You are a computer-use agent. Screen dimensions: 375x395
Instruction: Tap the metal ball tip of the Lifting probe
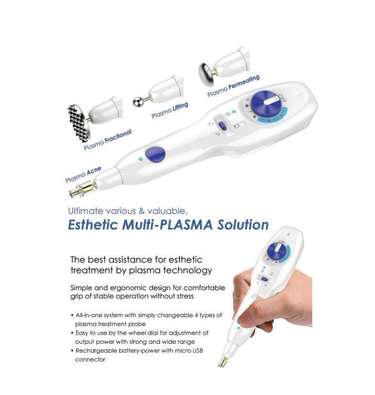138,101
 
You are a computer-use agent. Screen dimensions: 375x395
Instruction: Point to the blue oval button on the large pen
155,153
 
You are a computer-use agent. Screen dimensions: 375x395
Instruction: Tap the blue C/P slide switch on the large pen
223,125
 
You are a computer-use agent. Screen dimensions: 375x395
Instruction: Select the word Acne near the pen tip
94,171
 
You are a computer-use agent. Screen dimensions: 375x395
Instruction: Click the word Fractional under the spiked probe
118,137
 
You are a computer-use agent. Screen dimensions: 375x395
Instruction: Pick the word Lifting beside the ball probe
180,108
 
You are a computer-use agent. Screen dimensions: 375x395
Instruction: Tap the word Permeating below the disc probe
244,82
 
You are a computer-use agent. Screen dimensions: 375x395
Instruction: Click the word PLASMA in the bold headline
186,225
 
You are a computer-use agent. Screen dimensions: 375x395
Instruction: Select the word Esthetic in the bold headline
93,225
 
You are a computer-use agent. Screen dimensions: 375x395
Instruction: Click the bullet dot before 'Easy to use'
72,333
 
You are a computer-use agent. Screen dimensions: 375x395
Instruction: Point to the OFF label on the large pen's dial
282,98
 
